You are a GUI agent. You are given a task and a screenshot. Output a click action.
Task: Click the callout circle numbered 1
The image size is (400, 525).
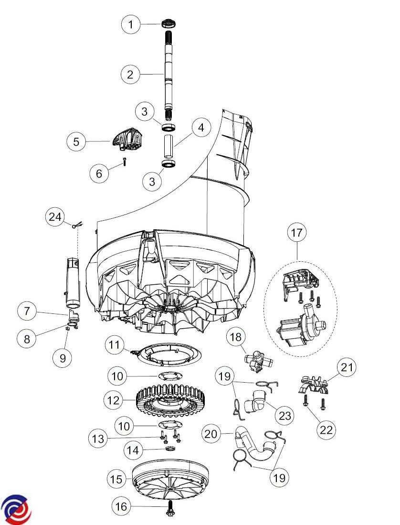[x=131, y=24]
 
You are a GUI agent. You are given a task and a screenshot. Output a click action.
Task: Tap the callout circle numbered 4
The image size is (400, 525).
[x=200, y=128]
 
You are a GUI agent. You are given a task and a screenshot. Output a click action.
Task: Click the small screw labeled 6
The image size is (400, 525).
[x=125, y=161]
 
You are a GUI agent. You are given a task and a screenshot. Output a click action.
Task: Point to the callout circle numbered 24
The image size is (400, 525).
[x=55, y=217]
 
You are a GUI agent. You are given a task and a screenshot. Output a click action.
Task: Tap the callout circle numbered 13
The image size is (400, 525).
[x=98, y=439]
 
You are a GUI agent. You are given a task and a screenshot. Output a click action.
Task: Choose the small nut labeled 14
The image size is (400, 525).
[x=169, y=449]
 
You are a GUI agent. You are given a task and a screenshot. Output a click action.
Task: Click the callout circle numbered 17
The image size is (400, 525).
[x=296, y=232]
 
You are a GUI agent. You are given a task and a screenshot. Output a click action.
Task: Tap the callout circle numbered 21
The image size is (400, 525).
[x=347, y=367]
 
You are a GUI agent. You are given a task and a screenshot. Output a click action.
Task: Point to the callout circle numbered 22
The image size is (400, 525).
[x=326, y=429]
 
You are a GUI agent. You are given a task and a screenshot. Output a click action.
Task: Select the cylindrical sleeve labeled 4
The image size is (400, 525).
[x=169, y=146]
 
